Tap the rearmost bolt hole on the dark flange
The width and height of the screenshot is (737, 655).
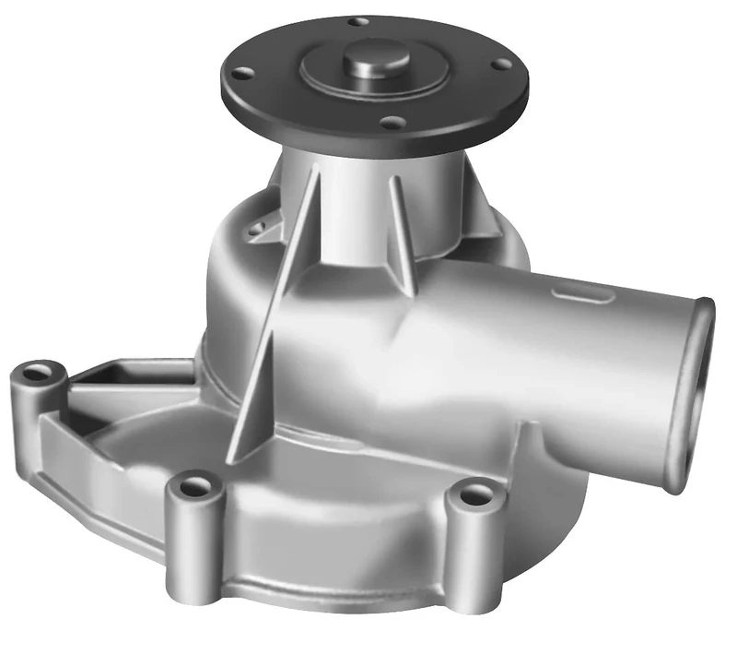[x=361, y=20]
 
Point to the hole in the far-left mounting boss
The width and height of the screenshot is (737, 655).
[x=37, y=374]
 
